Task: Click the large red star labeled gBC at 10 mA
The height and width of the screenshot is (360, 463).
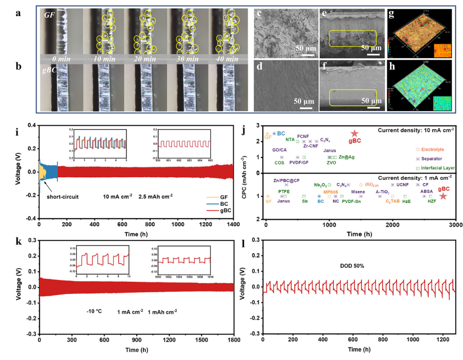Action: click(355, 133)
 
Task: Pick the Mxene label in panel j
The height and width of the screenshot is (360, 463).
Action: click(358, 192)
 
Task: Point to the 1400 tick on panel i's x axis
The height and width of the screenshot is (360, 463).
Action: click(233, 224)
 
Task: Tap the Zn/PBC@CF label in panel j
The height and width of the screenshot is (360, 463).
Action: click(286, 180)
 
